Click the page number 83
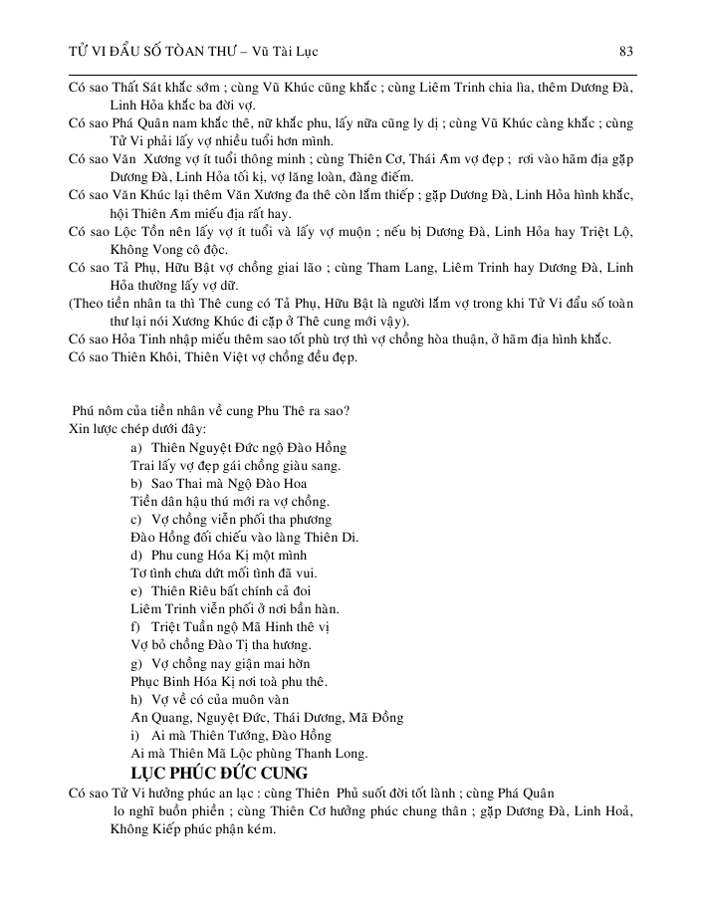point(626,51)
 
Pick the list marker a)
point(137,448)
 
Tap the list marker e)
point(137,591)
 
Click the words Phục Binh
point(164,681)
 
